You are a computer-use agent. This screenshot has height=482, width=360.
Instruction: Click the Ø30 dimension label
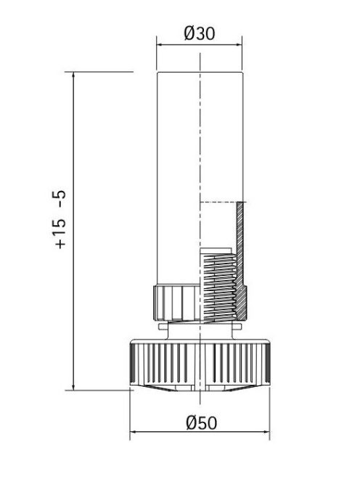199,33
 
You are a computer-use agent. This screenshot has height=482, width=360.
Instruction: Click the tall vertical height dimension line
75,232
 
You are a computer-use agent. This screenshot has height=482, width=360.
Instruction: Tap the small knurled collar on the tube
174,301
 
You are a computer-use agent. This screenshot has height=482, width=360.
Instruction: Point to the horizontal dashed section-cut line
218,201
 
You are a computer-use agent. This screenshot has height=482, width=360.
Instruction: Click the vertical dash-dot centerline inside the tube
198,145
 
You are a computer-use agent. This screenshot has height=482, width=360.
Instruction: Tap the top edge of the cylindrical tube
199,73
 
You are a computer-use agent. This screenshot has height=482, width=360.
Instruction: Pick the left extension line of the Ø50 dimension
130,414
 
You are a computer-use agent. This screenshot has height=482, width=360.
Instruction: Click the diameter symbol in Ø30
189,33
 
